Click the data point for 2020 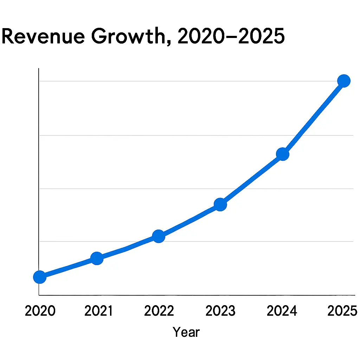point(40,277)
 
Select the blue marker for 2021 point(97,258)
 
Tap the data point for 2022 point(159,236)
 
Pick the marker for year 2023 point(220,204)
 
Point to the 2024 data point point(283,154)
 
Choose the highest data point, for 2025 point(343,81)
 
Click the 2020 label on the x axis point(40,311)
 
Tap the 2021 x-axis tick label point(99,311)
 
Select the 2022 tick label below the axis point(160,311)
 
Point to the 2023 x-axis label point(220,311)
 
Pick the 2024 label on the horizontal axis point(282,311)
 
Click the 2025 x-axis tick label point(342,311)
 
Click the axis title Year point(186,332)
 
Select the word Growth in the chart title point(130,37)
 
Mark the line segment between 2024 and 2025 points point(313,118)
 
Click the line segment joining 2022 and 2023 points point(190,220)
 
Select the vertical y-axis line point(39,176)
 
